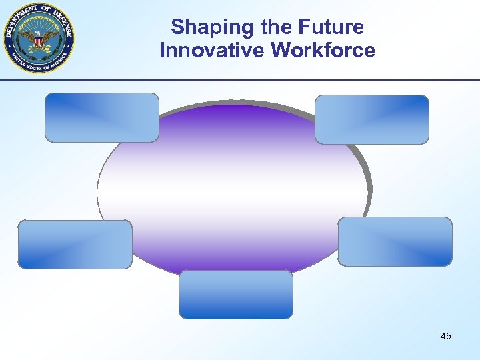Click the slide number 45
coord(445,336)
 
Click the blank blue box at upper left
coord(102,117)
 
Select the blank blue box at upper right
coord(371,119)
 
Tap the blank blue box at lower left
coord(75,245)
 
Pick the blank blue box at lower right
coord(395,241)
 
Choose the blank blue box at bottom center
coord(235,294)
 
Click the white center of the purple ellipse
coord(233,190)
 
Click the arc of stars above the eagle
coord(39,22)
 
